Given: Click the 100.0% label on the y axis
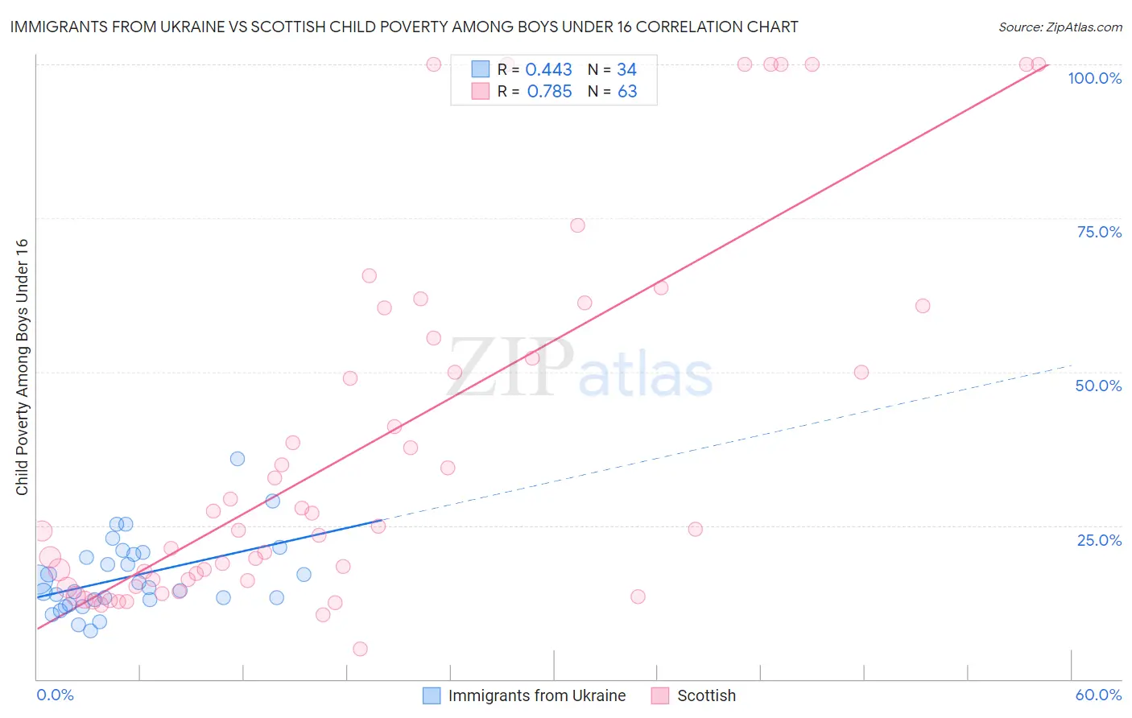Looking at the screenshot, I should click(x=1094, y=78).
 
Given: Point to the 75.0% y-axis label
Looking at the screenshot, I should click(x=1099, y=232).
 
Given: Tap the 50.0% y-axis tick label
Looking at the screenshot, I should click(x=1098, y=386).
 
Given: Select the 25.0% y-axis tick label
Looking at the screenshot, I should click(x=1099, y=539).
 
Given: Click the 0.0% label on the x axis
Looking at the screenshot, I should click(x=55, y=695).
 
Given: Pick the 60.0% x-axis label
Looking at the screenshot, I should click(x=1098, y=695).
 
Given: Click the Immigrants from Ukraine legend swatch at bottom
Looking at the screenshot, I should click(x=432, y=695).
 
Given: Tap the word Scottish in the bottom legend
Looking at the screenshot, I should click(x=706, y=695).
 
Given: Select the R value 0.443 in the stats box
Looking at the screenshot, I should click(x=548, y=70).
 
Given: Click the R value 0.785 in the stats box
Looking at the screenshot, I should click(x=549, y=92).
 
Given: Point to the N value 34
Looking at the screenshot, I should click(x=626, y=70).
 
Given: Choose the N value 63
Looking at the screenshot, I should click(x=627, y=92).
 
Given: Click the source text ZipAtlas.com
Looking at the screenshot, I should click(x=1083, y=27).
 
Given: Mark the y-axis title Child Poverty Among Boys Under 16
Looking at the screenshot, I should click(x=23, y=367).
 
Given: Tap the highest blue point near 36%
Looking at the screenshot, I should click(x=238, y=459).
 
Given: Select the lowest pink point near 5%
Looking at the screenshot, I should click(x=360, y=649).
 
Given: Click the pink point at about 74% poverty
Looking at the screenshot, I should click(x=577, y=225).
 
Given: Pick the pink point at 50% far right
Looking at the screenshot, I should click(x=861, y=373).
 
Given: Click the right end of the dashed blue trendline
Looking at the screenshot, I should click(x=1072, y=365).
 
